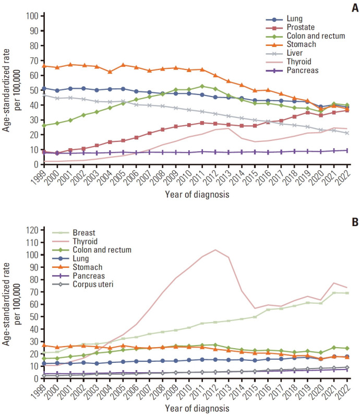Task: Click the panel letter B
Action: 353,221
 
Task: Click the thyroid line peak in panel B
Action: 215,250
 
